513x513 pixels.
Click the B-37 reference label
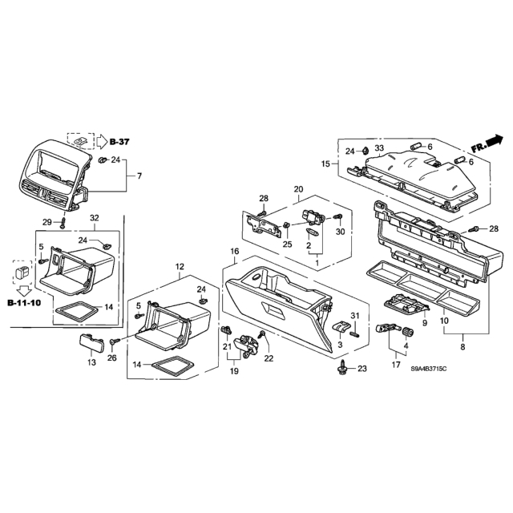(x=119, y=142)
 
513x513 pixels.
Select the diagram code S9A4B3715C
(x=429, y=369)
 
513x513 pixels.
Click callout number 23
(x=362, y=369)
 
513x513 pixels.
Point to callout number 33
(x=379, y=148)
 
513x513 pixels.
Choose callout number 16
(x=235, y=251)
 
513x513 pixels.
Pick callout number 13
(x=91, y=362)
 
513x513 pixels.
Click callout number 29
(x=47, y=222)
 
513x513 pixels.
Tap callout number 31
(x=355, y=316)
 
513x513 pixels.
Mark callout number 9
(x=425, y=323)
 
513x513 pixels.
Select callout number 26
(x=112, y=358)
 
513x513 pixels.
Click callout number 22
(x=269, y=358)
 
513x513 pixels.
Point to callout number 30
(x=340, y=232)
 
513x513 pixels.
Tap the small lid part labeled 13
(x=92, y=342)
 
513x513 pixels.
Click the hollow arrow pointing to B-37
(x=102, y=142)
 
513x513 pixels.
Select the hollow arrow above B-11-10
(x=24, y=290)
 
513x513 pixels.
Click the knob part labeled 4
(x=408, y=332)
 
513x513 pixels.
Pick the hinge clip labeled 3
(x=341, y=328)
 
